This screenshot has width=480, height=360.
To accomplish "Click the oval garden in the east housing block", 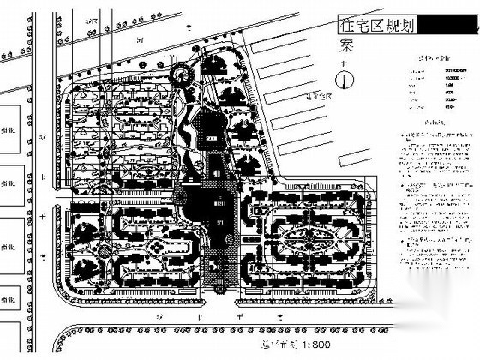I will pos(313,234).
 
